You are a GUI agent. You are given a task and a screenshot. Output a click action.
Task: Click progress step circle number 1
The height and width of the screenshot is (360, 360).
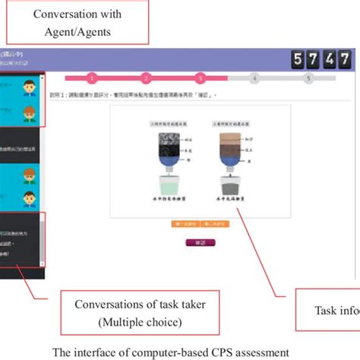(92, 77)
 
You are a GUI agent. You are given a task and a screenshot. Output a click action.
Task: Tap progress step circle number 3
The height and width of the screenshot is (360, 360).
(200, 77)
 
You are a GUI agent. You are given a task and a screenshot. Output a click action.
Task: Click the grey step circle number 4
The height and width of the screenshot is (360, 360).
(254, 77)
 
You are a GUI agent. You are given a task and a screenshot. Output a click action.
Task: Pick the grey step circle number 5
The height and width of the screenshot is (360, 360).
(308, 77)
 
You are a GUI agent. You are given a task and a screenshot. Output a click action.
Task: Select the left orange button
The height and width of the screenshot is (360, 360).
(185, 225)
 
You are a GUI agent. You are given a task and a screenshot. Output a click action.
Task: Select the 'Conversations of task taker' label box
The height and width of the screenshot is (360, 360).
(122, 313)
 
